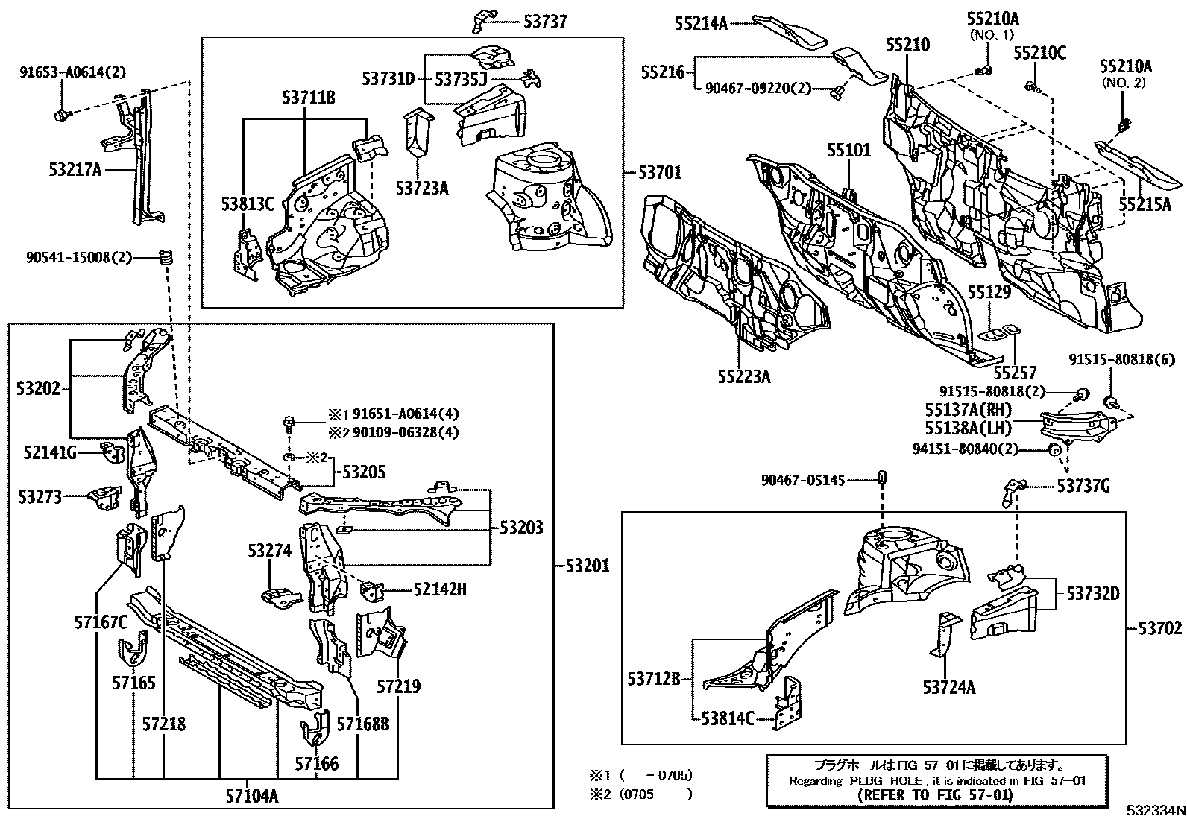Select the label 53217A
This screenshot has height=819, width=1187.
(75, 170)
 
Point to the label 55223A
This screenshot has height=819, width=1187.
(743, 377)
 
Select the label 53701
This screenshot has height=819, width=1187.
(659, 173)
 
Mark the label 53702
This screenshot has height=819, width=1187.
(1159, 628)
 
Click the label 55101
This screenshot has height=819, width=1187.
(848, 151)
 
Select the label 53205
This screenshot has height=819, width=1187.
(364, 472)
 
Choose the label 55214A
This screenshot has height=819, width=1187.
(701, 23)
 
